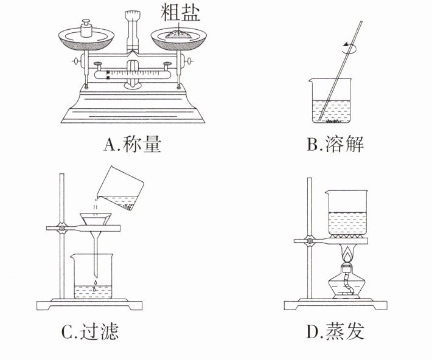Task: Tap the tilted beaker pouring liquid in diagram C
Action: (120, 189)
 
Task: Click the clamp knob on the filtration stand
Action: (61, 229)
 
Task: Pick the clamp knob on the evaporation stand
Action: (310, 241)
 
